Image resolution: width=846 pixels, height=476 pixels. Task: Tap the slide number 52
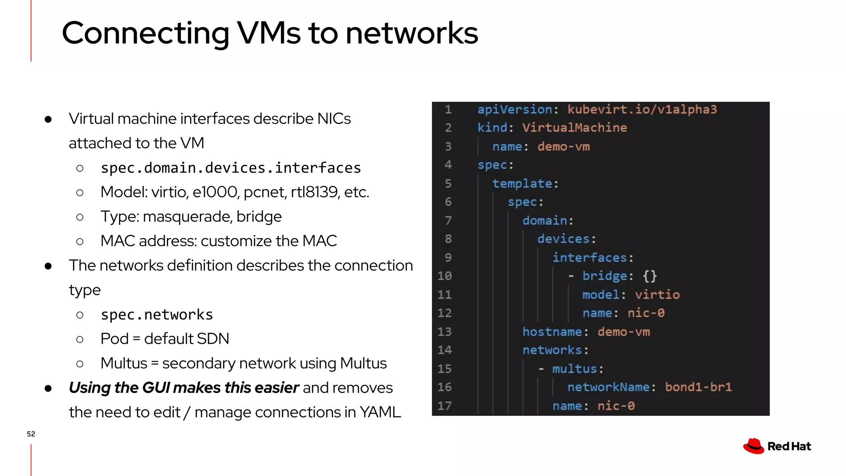tap(31, 434)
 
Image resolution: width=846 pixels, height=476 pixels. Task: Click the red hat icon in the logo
tap(753, 446)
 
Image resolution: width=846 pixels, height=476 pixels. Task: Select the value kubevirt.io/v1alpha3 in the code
tap(642, 109)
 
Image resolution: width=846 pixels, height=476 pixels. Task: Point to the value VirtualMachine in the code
tap(574, 128)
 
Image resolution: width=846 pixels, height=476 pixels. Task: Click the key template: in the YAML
tap(525, 183)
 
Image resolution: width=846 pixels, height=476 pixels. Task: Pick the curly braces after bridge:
tap(649, 276)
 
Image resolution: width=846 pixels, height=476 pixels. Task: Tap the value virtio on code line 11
tap(657, 295)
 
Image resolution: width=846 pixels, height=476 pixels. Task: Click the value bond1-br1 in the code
tap(698, 387)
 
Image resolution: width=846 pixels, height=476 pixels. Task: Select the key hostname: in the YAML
tap(555, 332)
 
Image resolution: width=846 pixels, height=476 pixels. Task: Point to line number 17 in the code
tap(444, 406)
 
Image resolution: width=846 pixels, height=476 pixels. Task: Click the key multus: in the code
tap(577, 369)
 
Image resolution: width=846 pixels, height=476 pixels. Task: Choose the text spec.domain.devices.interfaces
tap(231, 168)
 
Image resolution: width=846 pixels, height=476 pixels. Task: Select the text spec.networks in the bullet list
tap(157, 315)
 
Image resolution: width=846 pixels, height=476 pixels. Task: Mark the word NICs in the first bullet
tap(334, 119)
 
